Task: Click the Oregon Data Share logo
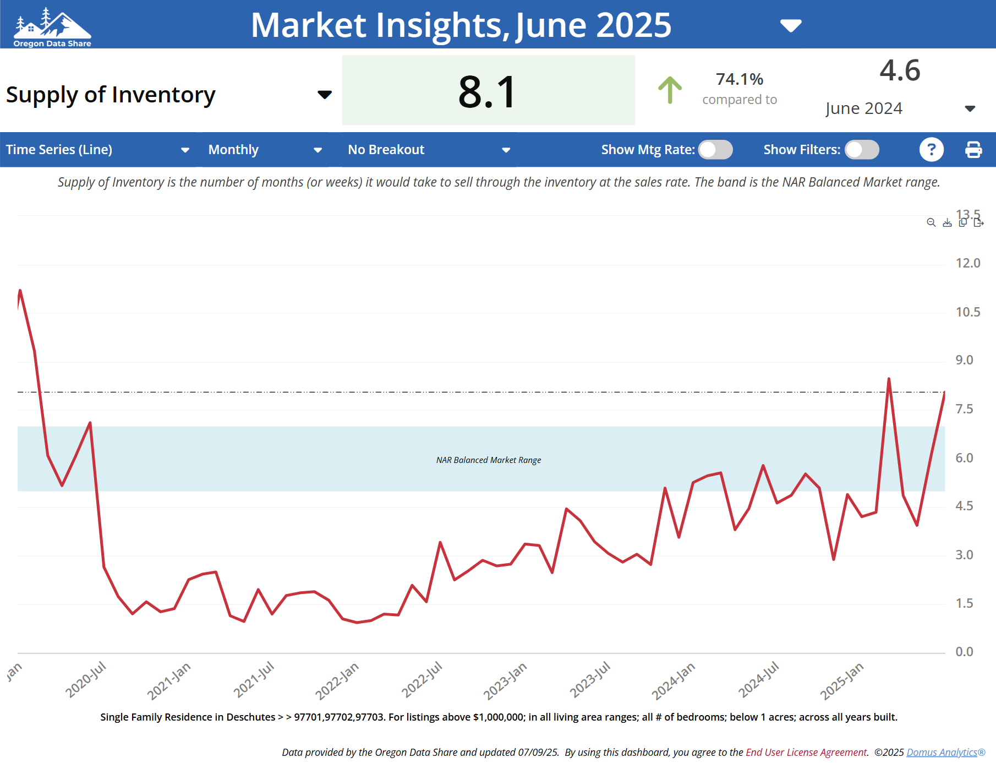click(52, 26)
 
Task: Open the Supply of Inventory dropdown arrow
click(325, 95)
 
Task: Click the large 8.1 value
click(488, 91)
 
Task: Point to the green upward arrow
click(670, 90)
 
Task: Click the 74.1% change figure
click(739, 79)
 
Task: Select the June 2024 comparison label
click(863, 108)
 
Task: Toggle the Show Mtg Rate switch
click(715, 150)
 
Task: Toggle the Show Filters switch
click(862, 150)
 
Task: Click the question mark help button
click(931, 150)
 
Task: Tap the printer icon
click(973, 150)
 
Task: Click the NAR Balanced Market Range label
click(489, 460)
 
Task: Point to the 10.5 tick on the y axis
click(967, 312)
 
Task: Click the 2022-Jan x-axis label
click(337, 681)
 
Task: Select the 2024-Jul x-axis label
click(758, 680)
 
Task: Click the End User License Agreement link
click(806, 753)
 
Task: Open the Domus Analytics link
click(942, 753)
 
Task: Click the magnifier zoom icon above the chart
click(931, 222)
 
